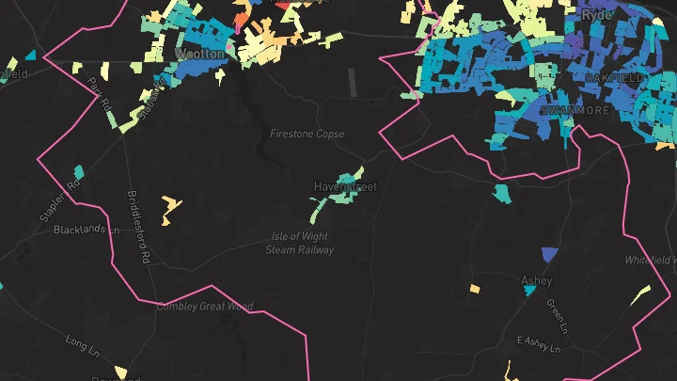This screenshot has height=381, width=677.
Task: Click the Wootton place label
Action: point(200,55)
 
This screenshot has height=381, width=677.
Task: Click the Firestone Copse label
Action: point(307,134)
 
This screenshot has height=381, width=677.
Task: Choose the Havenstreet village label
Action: point(344,187)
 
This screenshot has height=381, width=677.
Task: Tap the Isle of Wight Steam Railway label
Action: point(300,244)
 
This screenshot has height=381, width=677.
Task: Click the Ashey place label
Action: point(536,280)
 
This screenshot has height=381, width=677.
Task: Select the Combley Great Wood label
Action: point(205,306)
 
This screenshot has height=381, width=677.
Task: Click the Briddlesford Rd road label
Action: point(138,227)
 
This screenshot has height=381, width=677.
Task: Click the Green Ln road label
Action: point(557,317)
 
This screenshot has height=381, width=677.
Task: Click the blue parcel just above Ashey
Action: point(550,254)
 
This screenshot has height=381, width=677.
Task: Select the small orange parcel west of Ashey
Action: point(475,288)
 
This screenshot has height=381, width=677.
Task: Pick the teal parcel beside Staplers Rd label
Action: point(79,172)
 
